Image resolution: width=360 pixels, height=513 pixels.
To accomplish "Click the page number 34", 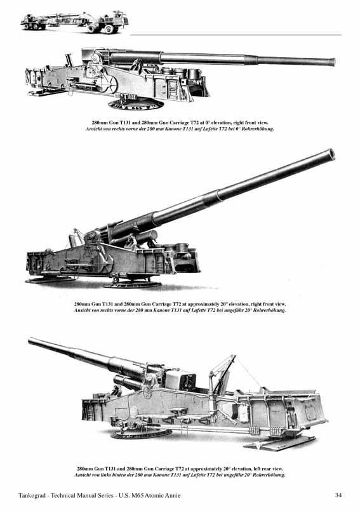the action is [338, 495].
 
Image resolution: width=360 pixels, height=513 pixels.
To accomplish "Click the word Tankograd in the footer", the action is [32, 495].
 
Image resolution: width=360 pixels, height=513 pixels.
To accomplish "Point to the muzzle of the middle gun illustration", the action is [330, 154].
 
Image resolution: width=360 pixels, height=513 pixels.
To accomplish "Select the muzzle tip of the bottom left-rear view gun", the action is [30, 341].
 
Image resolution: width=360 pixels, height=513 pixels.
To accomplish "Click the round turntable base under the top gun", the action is [135, 104].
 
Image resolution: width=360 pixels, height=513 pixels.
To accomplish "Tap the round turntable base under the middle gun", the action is [132, 284].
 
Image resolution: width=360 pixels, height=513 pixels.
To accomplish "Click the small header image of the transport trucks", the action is [75, 22].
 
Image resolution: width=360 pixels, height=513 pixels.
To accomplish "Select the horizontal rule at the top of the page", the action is [236, 35].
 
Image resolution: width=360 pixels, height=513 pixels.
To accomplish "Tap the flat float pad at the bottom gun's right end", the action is [281, 443].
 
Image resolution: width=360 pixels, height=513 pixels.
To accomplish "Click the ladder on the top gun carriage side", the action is [173, 88].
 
